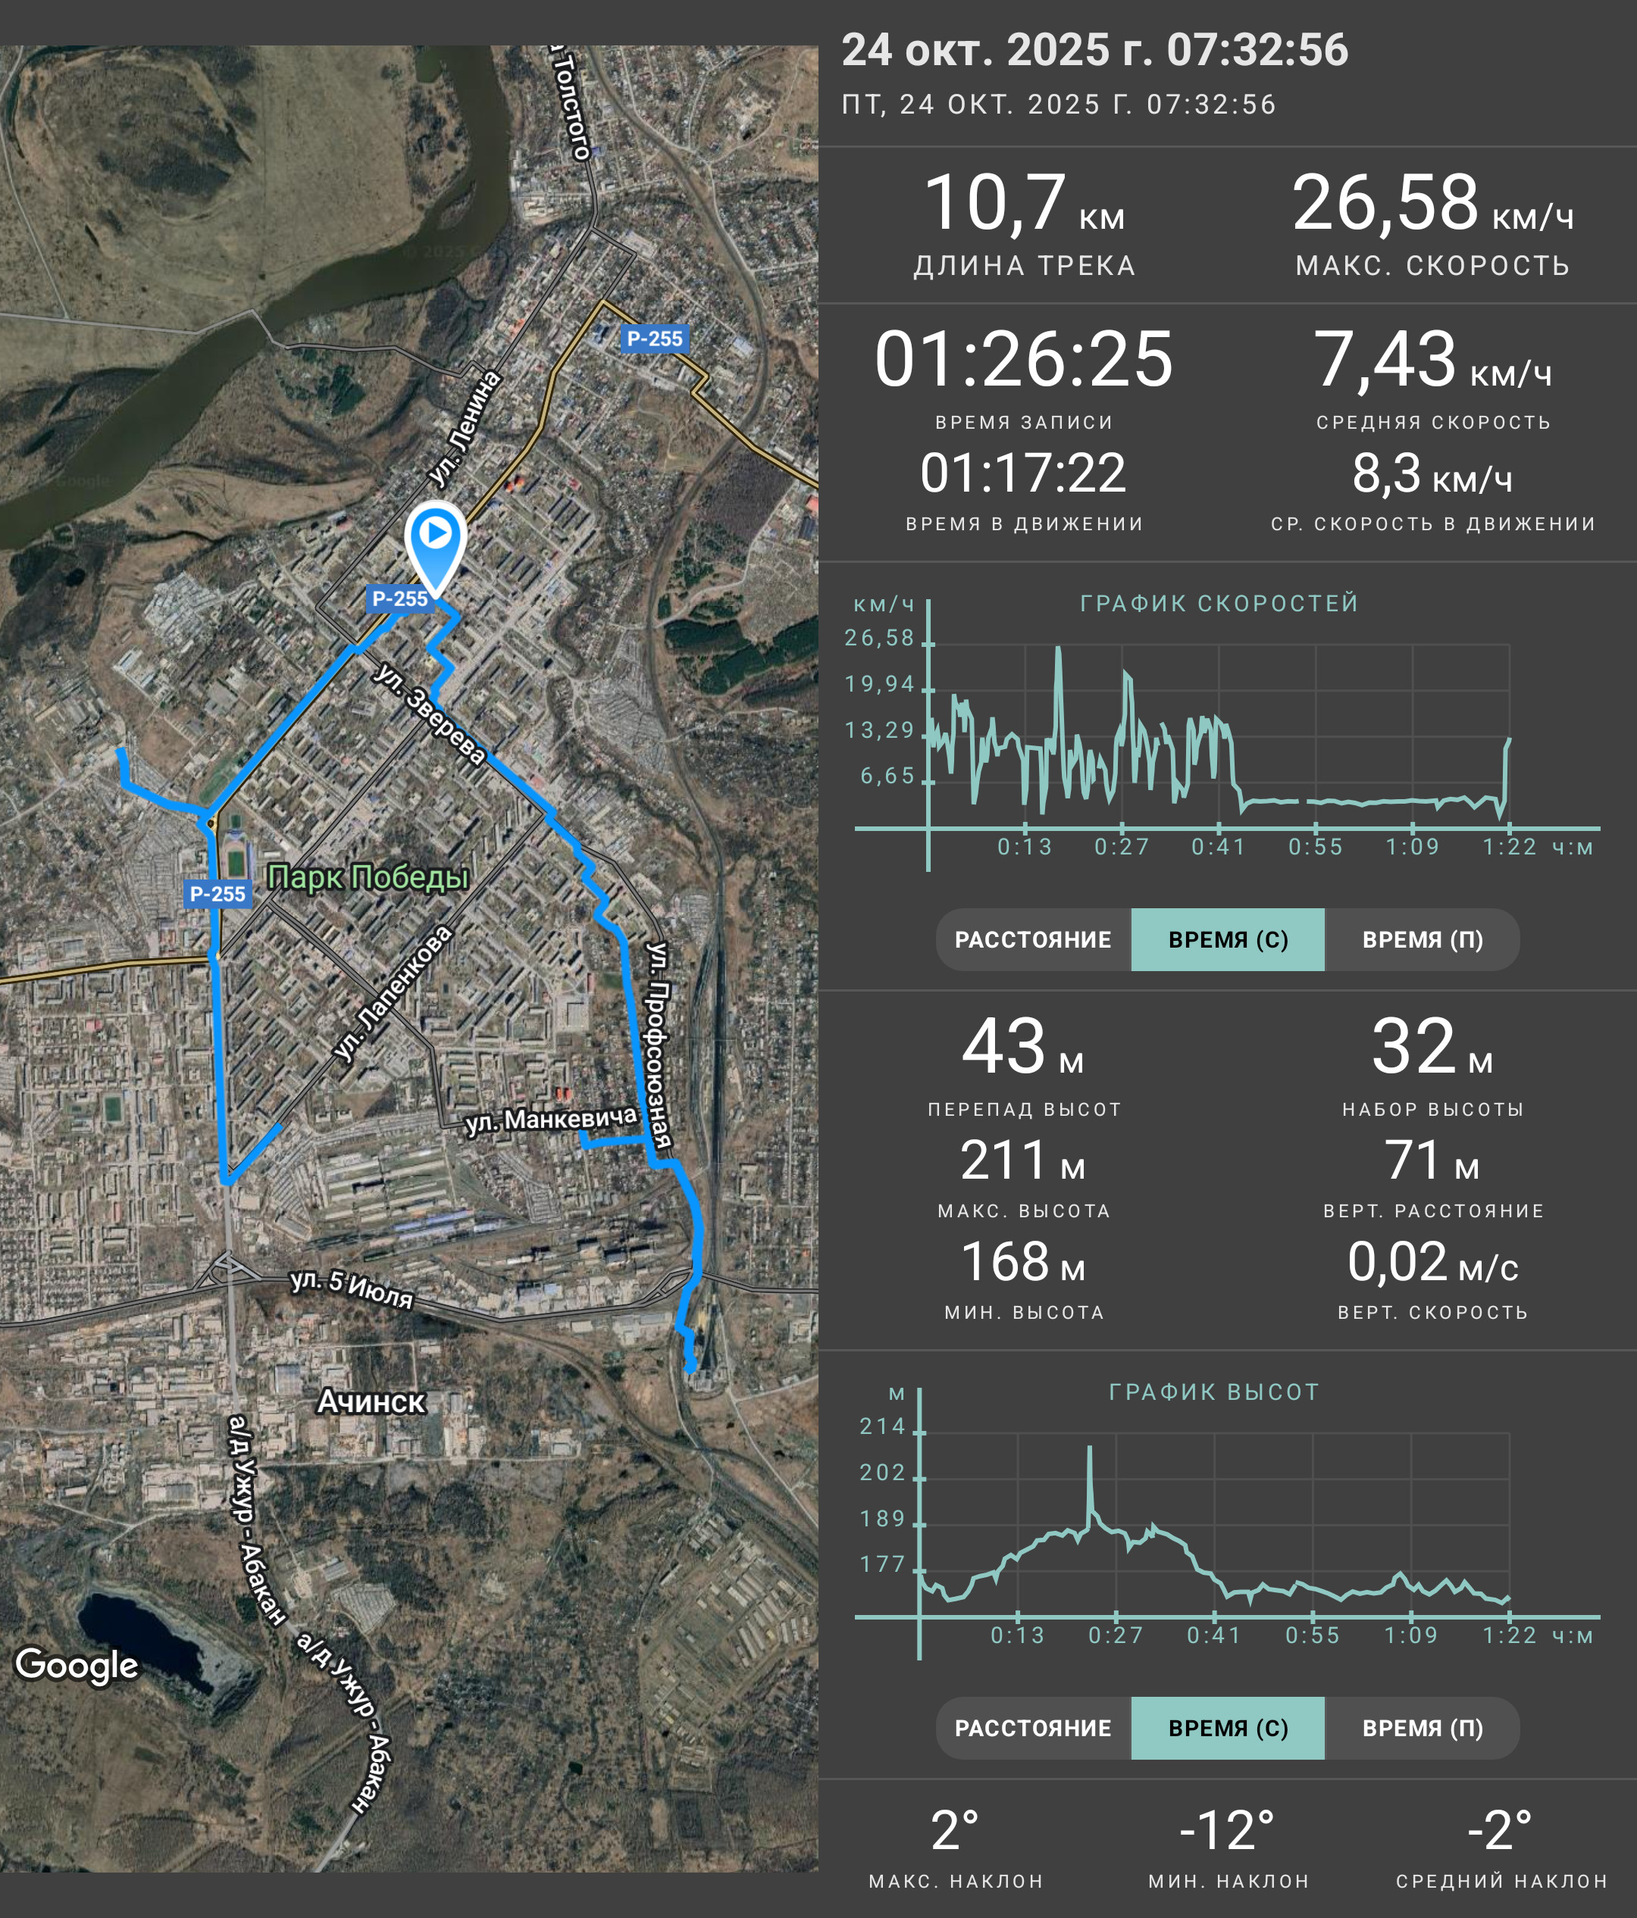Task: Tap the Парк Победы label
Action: pyautogui.click(x=368, y=876)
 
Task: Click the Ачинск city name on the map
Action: pyautogui.click(x=371, y=1401)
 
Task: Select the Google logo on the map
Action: pyautogui.click(x=77, y=1665)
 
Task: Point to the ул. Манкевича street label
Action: pyautogui.click(x=552, y=1120)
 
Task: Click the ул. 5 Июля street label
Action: pyautogui.click(x=352, y=1289)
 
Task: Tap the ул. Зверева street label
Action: pyautogui.click(x=429, y=713)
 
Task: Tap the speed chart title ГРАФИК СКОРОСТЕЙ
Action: pyautogui.click(x=1219, y=604)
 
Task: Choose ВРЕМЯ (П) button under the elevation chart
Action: pyautogui.click(x=1423, y=1728)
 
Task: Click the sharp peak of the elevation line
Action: pyautogui.click(x=1090, y=1448)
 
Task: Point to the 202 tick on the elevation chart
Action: pyautogui.click(x=882, y=1473)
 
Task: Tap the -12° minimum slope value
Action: pyautogui.click(x=1228, y=1830)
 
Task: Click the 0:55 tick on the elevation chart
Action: pyautogui.click(x=1313, y=1635)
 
